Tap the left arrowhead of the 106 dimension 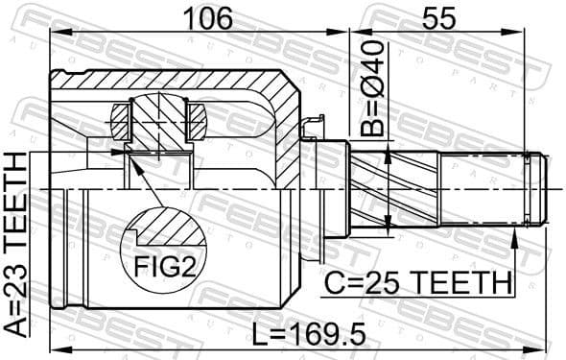coord(55,33)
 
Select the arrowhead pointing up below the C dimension coord(516,239)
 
